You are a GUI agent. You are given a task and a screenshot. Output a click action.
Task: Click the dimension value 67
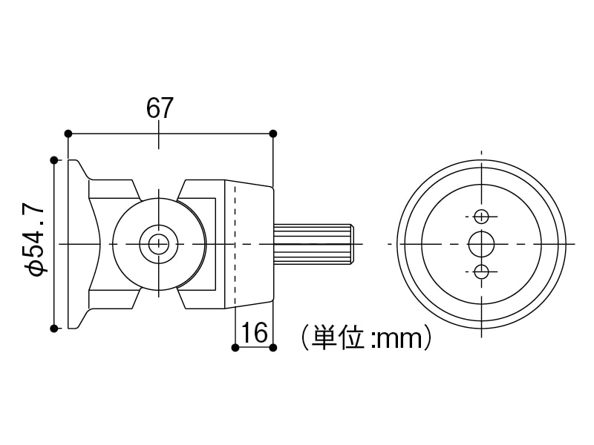(160, 108)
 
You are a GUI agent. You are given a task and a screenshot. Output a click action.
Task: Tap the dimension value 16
(255, 333)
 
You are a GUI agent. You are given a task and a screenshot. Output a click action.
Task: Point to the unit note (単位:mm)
(366, 338)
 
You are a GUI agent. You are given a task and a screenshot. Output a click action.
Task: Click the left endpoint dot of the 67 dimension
(68, 133)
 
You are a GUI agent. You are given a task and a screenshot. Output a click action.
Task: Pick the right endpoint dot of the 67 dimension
(273, 133)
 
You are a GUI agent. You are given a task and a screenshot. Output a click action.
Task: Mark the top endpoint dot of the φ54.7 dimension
(54, 159)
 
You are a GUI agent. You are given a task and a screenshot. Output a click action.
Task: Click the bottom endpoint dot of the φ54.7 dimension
(54, 328)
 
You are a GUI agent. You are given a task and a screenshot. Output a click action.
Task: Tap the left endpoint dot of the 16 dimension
(235, 347)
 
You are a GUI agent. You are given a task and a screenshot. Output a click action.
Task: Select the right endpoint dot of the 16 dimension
(273, 347)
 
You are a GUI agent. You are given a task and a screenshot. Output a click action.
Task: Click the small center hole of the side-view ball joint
(158, 243)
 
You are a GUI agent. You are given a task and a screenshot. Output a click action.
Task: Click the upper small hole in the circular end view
(482, 216)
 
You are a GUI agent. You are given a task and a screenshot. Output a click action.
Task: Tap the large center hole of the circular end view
(482, 243)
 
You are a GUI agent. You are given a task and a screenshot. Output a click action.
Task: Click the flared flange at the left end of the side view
(78, 243)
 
